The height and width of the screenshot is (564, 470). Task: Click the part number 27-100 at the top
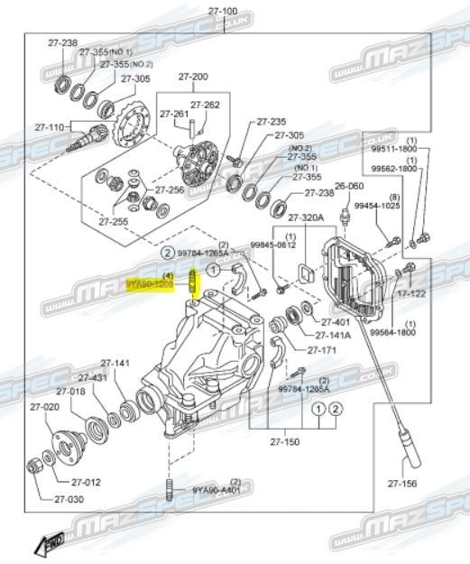pos(223,11)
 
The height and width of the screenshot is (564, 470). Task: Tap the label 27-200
pos(192,77)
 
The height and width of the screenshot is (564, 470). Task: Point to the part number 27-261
pos(173,114)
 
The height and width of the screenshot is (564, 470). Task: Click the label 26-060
pos(349,187)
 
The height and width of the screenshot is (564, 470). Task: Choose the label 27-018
pos(70,392)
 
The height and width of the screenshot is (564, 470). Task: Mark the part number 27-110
pos(49,126)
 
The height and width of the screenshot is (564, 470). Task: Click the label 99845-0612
pos(272,245)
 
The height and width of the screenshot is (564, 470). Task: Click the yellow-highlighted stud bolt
pos(193,284)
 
